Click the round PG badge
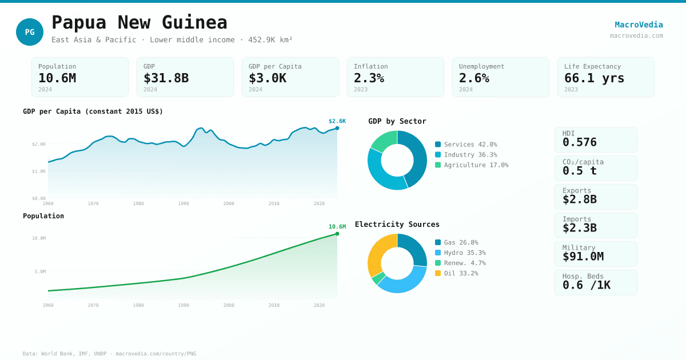pos(30,32)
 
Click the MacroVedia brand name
pos(639,25)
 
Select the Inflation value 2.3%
pos(369,78)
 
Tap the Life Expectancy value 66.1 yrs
pos(594,78)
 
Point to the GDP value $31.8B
pos(166,78)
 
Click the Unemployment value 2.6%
pos(474,78)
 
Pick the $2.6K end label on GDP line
pos(337,121)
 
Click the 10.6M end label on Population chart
pos(337,227)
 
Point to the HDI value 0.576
pos(579,142)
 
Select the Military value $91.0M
pos(583,257)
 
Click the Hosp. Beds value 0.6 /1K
pos(586,285)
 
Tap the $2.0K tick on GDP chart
pos(39,144)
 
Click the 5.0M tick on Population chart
pos(39,271)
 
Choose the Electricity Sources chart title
pos(397,225)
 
